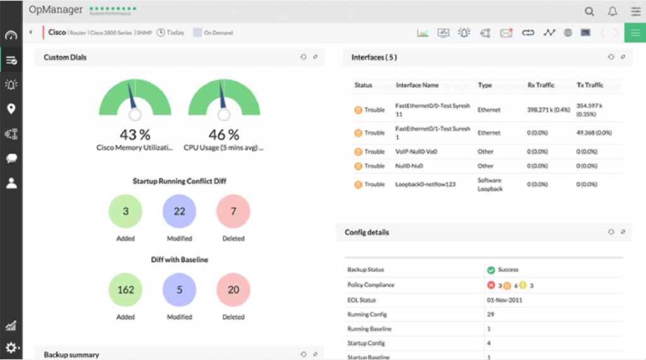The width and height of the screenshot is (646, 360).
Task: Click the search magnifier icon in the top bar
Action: click(589, 11)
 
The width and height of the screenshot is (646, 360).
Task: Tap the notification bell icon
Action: click(612, 11)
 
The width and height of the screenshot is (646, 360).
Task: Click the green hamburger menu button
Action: click(635, 33)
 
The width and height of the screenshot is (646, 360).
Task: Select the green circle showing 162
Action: click(126, 290)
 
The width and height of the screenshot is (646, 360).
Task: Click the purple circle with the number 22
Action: click(180, 211)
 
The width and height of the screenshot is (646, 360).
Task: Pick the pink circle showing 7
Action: click(233, 211)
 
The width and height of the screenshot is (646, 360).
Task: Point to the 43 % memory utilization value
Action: click(134, 135)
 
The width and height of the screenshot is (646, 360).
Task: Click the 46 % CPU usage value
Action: click(224, 135)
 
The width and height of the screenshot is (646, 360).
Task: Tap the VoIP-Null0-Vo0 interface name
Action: click(416, 152)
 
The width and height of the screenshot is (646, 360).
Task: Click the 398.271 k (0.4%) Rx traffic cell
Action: click(549, 110)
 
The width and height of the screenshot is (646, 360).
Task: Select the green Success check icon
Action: click(491, 270)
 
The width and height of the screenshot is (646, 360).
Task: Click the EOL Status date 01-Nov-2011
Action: click(505, 300)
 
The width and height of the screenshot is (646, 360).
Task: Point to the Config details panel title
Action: click(367, 232)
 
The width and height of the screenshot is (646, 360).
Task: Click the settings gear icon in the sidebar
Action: click(11, 347)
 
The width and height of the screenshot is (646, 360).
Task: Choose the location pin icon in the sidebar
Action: click(11, 109)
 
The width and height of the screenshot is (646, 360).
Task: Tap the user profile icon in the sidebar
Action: click(11, 183)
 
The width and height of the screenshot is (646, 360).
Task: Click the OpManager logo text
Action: click(56, 10)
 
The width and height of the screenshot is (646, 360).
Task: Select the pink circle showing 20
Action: click(233, 290)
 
